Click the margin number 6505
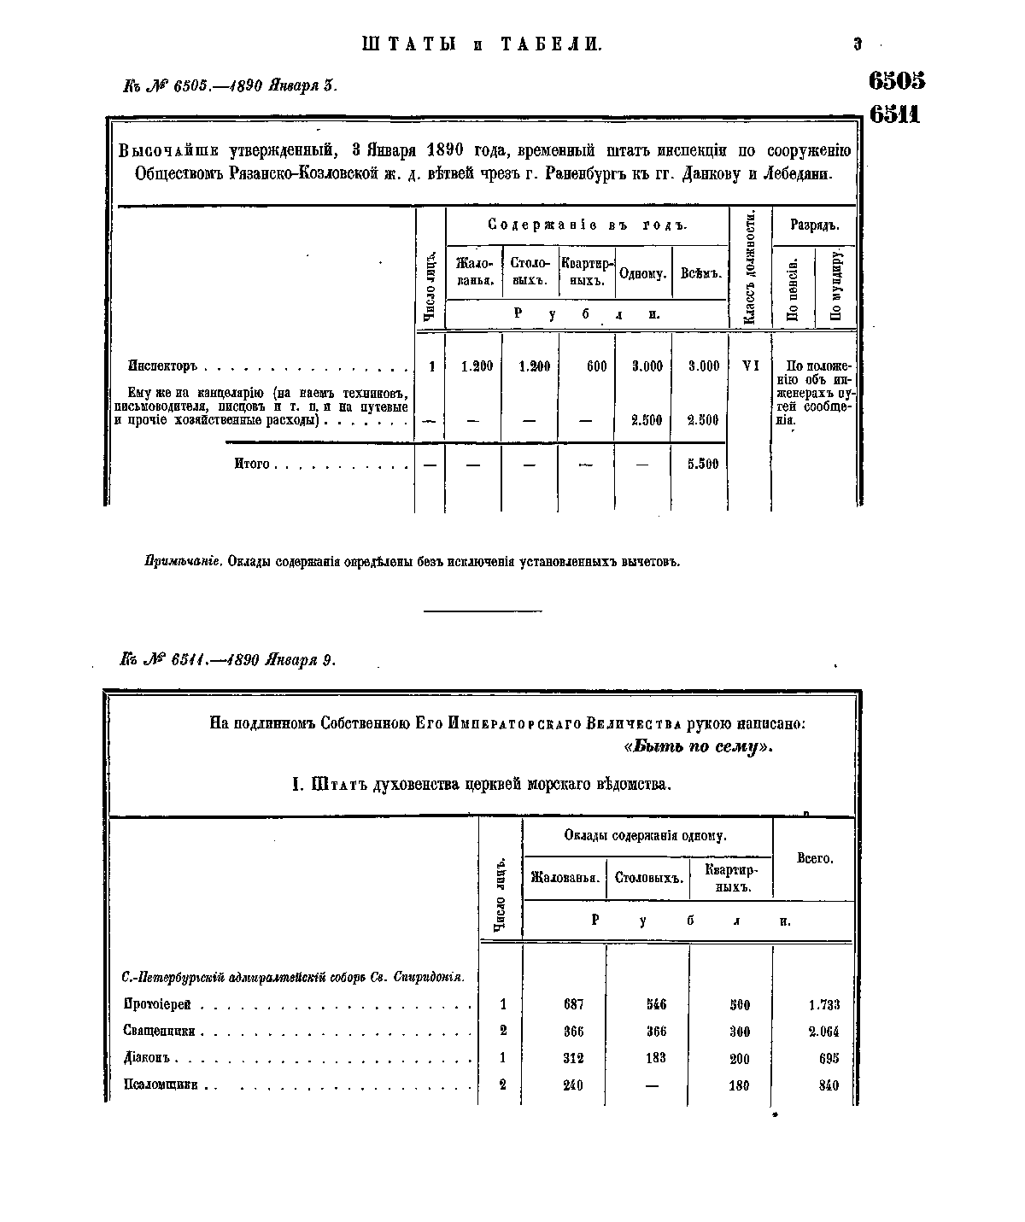point(896,81)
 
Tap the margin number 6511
point(894,114)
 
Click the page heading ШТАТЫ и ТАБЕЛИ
point(483,44)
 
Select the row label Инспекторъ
point(162,366)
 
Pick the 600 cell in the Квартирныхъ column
point(596,366)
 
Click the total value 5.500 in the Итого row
point(703,465)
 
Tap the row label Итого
point(252,465)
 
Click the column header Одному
point(642,274)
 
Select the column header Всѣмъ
point(700,274)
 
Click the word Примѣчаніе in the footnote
point(183,563)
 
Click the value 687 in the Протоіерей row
point(573,1004)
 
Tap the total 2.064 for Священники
point(823,1032)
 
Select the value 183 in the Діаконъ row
point(655,1058)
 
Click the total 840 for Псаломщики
point(828,1085)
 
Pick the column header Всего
point(814,858)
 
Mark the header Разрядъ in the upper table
point(813,226)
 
